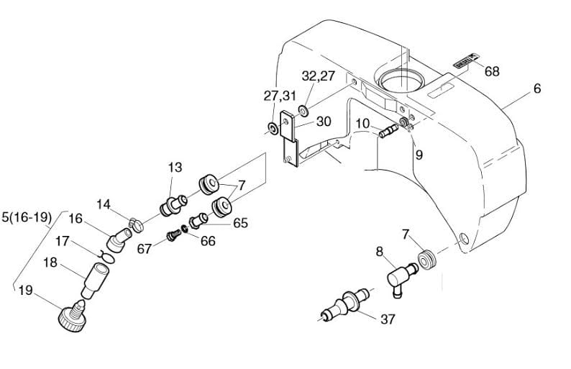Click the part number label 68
coord(492,71)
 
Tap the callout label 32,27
coord(318,76)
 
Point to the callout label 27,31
coord(280,95)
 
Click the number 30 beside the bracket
coord(323,122)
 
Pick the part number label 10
coord(362,123)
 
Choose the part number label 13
coord(175,167)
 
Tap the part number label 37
coord(386,319)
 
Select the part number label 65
coord(240,223)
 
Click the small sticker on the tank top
coord(466,63)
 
